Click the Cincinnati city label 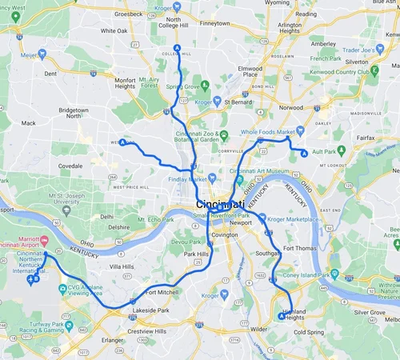[220, 206]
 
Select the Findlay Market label [185, 178]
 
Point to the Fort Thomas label [300, 249]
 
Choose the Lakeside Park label [150, 310]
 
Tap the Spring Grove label [183, 86]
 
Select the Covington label [225, 234]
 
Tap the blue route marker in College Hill [177, 47]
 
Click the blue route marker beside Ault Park [303, 151]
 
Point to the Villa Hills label [122, 266]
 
